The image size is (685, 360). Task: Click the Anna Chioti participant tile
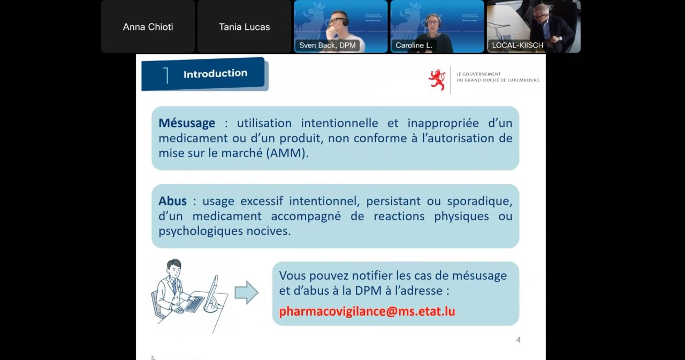click(x=148, y=27)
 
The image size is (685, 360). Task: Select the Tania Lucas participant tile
click(x=244, y=27)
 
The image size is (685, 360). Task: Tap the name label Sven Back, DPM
click(x=327, y=45)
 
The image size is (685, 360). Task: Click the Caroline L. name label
click(x=414, y=45)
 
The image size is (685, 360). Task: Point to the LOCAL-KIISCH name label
click(x=517, y=45)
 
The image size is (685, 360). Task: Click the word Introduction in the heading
click(x=215, y=74)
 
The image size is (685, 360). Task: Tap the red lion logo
click(x=437, y=80)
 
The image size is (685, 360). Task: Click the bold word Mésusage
click(x=187, y=123)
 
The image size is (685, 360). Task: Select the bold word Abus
click(x=172, y=201)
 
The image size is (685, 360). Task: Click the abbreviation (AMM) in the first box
click(x=287, y=153)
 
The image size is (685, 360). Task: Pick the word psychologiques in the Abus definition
click(x=200, y=231)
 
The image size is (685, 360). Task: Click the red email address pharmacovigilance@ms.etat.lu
click(x=367, y=311)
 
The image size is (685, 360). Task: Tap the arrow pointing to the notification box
click(x=247, y=293)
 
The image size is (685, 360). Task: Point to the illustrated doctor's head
click(x=174, y=267)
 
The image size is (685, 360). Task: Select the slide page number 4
click(x=518, y=340)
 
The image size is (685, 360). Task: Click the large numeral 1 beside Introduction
click(x=166, y=75)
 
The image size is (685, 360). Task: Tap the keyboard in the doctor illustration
click(x=194, y=304)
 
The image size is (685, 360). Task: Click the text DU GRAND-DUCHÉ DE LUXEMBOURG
click(x=498, y=80)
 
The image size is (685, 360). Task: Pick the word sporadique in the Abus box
click(x=479, y=201)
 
